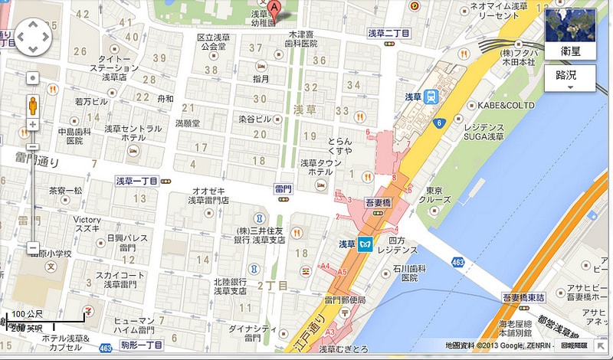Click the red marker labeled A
click(274, 8)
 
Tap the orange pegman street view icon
click(33, 105)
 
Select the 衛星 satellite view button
click(569, 34)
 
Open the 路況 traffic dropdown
click(569, 77)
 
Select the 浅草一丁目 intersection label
click(136, 181)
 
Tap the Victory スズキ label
click(87, 224)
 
